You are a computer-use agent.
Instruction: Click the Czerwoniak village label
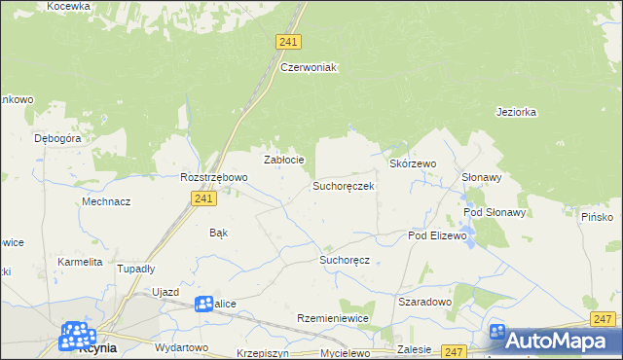point(308,67)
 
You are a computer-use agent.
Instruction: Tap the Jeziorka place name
point(516,112)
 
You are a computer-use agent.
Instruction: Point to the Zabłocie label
point(285,160)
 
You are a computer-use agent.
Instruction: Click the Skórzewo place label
point(413,164)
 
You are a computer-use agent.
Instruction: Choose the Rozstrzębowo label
point(214,178)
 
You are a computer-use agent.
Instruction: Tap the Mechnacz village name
point(107,201)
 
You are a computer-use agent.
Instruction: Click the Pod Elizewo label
point(438,235)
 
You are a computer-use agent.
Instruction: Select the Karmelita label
point(80,262)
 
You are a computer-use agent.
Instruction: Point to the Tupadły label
point(136,268)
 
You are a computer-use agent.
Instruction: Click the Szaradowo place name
point(425,302)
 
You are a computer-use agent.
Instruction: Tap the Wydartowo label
point(181,347)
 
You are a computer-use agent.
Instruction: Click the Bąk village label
point(218,234)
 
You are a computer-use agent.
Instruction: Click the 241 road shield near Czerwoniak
point(287,42)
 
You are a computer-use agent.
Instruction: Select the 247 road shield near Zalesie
point(454,350)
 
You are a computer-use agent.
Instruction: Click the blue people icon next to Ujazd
point(204,305)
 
